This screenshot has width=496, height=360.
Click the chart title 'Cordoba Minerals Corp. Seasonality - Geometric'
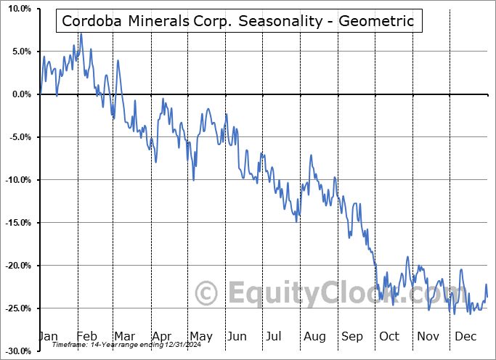(238, 21)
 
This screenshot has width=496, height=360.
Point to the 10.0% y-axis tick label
(17, 9)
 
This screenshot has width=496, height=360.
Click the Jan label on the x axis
(48, 336)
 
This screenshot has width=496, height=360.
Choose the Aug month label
(314, 336)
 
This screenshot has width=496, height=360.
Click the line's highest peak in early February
(81, 34)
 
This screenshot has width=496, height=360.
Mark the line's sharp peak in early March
(117, 60)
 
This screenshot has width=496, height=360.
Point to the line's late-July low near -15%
(296, 221)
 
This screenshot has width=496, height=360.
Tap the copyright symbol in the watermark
(208, 293)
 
